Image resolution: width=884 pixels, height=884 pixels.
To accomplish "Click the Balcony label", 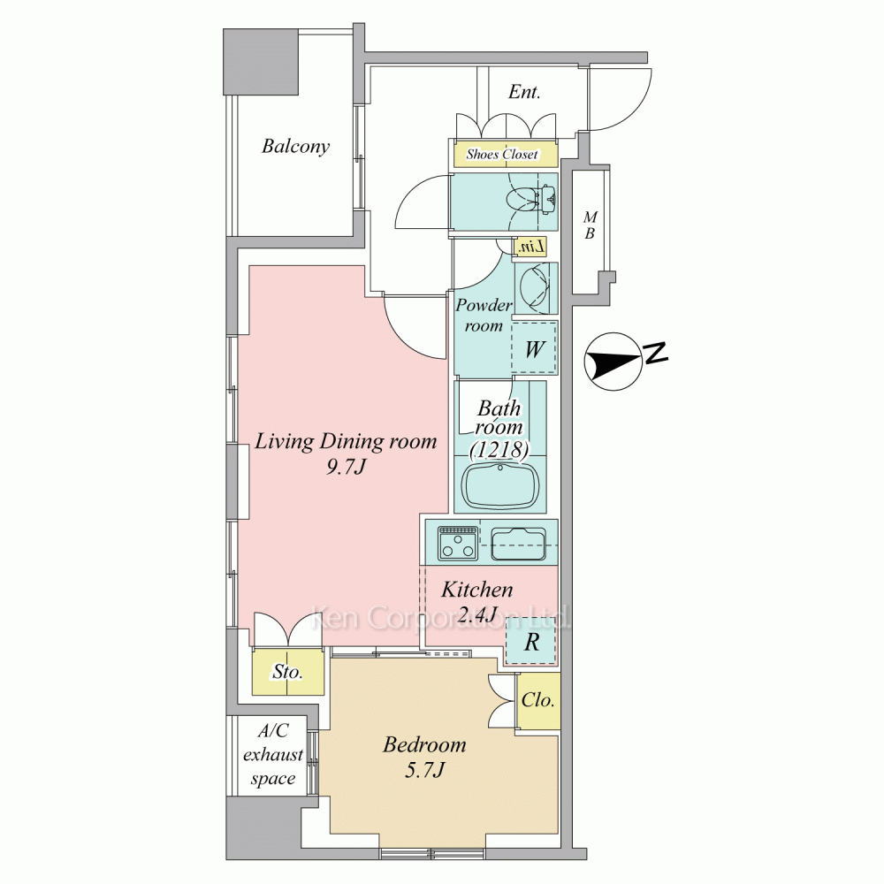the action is [295, 147].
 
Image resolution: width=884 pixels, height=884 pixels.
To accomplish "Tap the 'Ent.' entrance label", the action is [523, 92].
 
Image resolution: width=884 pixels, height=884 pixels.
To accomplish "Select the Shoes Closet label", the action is [502, 154].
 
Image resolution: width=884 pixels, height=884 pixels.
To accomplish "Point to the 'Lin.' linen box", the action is [531, 248].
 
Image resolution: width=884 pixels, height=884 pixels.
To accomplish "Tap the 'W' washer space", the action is [534, 348].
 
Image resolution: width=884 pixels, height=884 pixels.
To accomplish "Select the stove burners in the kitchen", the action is [458, 544].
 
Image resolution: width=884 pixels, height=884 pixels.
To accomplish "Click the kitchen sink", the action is [518, 544].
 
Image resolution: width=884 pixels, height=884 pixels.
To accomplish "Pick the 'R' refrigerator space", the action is [531, 642].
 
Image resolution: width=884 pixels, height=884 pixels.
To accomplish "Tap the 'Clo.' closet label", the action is [537, 701].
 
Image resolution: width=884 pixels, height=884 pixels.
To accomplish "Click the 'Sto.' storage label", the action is [287, 672].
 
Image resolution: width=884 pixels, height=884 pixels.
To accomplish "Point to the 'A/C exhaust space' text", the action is [273, 755].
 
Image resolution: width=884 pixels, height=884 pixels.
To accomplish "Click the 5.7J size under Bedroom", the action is [424, 770].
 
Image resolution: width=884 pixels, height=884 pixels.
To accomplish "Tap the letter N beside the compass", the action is [656, 353].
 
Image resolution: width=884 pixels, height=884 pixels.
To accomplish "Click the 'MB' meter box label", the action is [590, 225].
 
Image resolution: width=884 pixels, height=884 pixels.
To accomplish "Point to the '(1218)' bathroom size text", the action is [500, 450].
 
